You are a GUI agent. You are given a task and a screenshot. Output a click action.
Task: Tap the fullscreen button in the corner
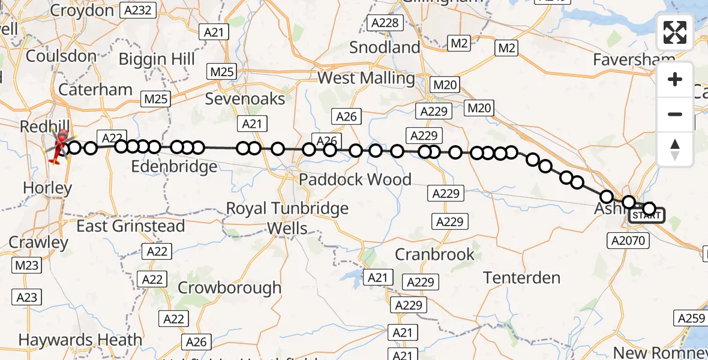(x=675, y=32)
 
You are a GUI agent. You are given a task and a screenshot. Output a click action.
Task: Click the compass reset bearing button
(x=675, y=149)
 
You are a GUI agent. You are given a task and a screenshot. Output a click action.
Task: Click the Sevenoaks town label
(x=245, y=98)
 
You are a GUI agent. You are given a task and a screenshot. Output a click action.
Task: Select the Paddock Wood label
(x=355, y=179)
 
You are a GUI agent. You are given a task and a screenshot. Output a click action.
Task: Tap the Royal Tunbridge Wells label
(x=287, y=218)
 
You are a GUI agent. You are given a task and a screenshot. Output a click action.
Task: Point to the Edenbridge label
(x=173, y=166)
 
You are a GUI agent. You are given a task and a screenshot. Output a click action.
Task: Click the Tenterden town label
(x=521, y=278)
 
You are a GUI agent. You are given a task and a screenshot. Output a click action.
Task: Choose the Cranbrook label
(x=434, y=254)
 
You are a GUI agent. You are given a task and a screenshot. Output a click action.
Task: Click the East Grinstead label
(x=130, y=226)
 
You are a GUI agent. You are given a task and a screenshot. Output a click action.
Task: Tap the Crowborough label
(x=229, y=287)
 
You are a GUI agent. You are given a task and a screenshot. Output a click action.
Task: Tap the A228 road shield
(x=384, y=23)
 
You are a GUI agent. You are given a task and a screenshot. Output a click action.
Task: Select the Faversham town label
(x=634, y=60)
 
